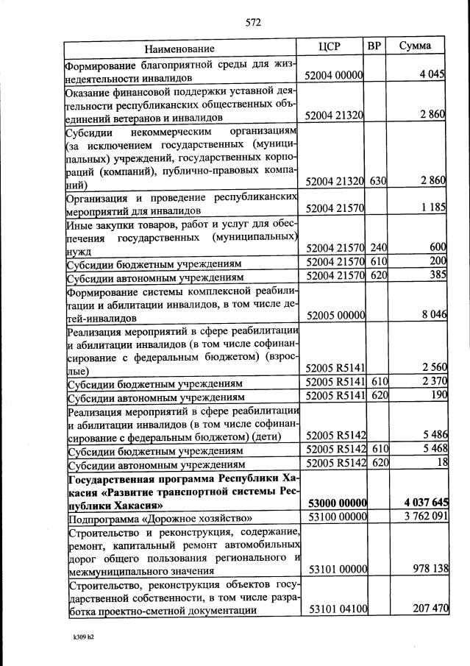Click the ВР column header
coord(374,47)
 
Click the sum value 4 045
coord(430,76)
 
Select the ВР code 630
coord(378,181)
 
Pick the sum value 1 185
coord(432,208)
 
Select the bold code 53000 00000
coord(335,503)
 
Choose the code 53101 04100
coord(336,609)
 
